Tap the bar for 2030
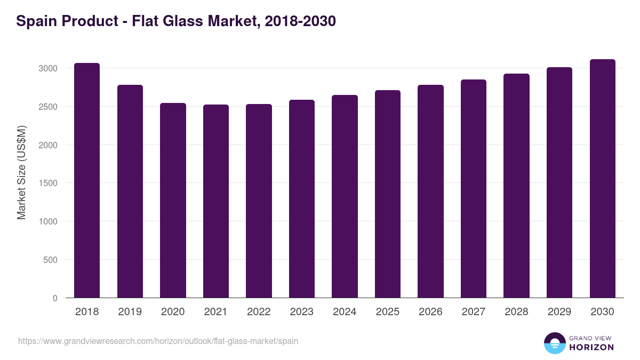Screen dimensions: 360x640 [x=603, y=179]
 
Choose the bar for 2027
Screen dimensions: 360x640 [x=474, y=189]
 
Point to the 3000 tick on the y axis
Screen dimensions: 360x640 [x=49, y=68]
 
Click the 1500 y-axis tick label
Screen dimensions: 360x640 [x=49, y=183]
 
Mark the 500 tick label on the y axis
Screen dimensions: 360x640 [x=51, y=260]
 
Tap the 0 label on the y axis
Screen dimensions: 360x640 [x=55, y=298]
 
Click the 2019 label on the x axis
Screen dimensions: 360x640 [x=130, y=312]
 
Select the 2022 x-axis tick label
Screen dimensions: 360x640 [x=259, y=312]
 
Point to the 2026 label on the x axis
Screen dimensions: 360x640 [x=430, y=312]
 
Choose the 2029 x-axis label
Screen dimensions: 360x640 [x=559, y=312]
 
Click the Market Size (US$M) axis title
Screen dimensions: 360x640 [x=22, y=172]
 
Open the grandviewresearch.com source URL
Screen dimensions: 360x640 [x=158, y=341]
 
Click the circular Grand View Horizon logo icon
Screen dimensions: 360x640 [x=554, y=343]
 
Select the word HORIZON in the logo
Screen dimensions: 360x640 [x=591, y=347]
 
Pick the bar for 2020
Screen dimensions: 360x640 [x=173, y=201]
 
